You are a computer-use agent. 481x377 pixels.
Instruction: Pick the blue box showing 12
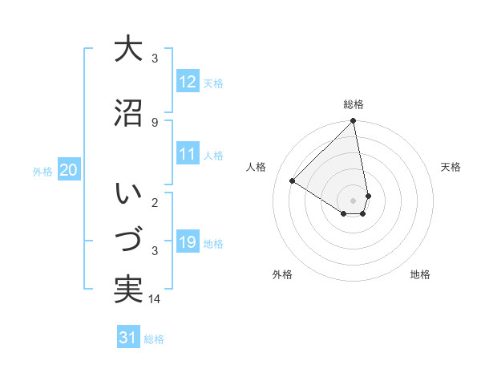point(188,81)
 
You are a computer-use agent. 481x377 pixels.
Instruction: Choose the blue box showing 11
point(188,154)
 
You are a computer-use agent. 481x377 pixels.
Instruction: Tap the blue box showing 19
point(188,242)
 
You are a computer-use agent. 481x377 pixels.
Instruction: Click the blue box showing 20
point(69,170)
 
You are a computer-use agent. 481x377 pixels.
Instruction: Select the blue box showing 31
point(128,338)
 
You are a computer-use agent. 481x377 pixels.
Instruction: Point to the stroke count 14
point(156,299)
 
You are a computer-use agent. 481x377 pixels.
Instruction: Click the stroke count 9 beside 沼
point(154,122)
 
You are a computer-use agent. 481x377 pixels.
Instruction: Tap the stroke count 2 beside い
point(154,202)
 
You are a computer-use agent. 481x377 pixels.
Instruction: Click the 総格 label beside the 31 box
point(154,339)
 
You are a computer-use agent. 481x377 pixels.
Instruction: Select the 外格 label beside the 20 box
point(42,172)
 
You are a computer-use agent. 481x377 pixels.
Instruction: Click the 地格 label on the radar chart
point(420,274)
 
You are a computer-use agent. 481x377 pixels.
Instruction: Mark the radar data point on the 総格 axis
point(354,121)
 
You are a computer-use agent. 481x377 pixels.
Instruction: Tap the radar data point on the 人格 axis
point(292,180)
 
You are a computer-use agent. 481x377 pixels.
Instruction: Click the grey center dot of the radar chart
point(354,200)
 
